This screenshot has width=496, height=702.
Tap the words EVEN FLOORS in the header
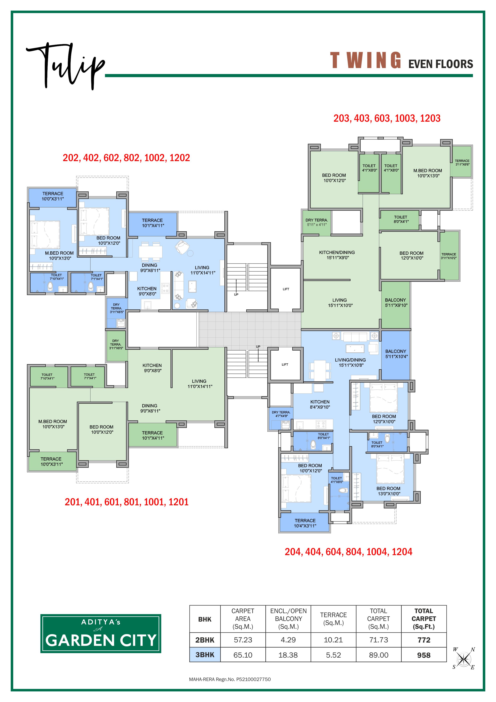tap(441, 64)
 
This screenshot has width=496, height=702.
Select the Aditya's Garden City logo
tap(101, 634)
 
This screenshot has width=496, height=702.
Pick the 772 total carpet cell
tap(424, 640)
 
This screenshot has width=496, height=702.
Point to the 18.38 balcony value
tap(288, 655)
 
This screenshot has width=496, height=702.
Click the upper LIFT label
tap(286, 289)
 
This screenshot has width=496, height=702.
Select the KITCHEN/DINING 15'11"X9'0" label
tap(337, 255)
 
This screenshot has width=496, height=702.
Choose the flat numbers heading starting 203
tap(387, 118)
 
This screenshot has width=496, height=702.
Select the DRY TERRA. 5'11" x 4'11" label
tap(317, 222)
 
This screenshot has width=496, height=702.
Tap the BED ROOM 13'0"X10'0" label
tap(388, 491)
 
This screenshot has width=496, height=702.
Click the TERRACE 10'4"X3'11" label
tap(305, 523)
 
